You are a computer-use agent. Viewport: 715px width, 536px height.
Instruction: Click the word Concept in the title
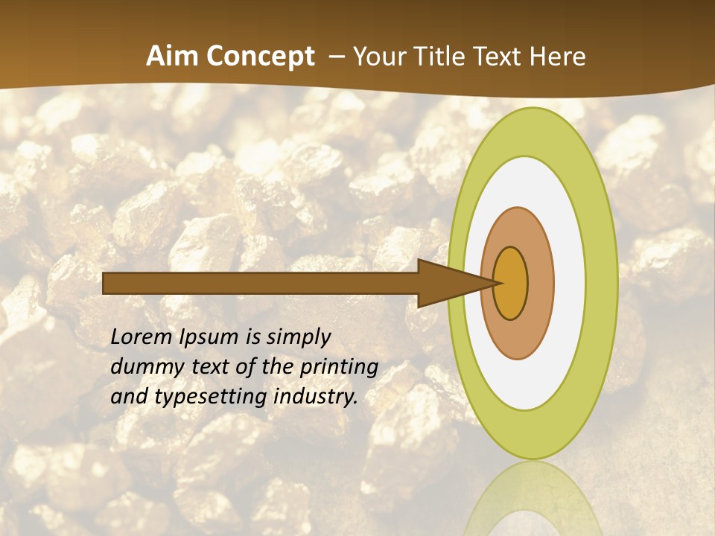[x=261, y=57]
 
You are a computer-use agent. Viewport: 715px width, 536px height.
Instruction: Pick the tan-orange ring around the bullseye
[x=540, y=283]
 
